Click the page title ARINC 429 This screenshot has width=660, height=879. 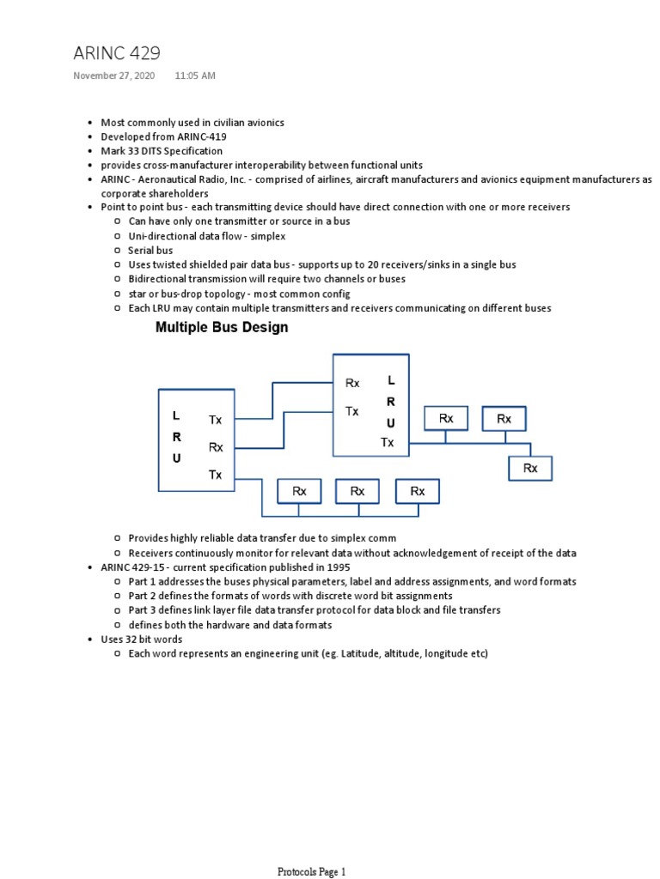point(116,53)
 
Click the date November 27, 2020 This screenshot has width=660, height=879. point(113,76)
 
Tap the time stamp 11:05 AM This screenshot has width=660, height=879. point(195,76)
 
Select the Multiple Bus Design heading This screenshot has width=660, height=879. point(222,327)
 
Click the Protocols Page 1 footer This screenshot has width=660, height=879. point(311,872)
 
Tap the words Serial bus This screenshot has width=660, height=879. point(150,250)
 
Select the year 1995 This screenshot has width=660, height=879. point(339,567)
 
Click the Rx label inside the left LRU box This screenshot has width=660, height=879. point(216,446)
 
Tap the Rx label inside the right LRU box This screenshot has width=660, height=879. point(352,383)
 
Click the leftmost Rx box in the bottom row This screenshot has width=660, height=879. point(299,491)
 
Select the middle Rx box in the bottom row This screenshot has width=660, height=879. point(357,491)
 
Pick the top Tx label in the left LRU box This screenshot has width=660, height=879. point(215,420)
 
